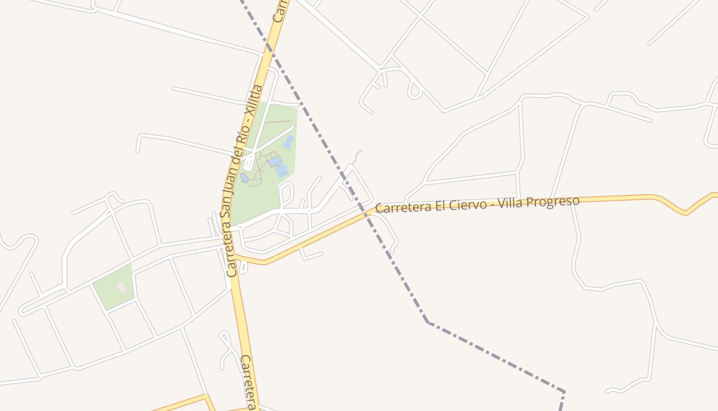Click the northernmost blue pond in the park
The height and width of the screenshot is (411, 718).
point(289,142)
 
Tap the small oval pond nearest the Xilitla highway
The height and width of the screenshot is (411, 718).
point(244,178)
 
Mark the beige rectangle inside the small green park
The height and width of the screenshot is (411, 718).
point(122,287)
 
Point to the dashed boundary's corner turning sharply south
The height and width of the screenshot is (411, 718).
point(564,393)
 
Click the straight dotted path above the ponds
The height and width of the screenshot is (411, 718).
point(278,122)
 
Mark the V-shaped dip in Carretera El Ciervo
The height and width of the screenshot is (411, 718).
point(685,212)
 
